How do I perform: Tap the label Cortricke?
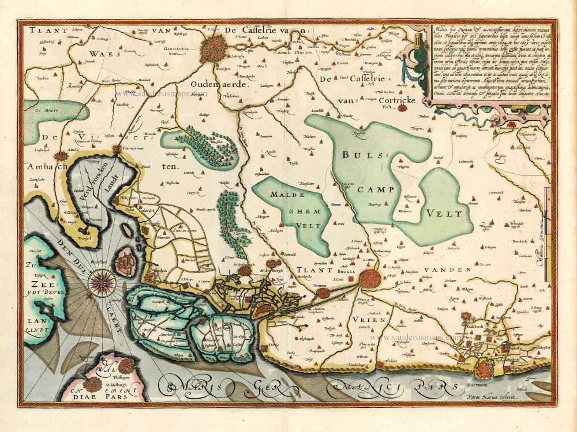coord(402,101)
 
